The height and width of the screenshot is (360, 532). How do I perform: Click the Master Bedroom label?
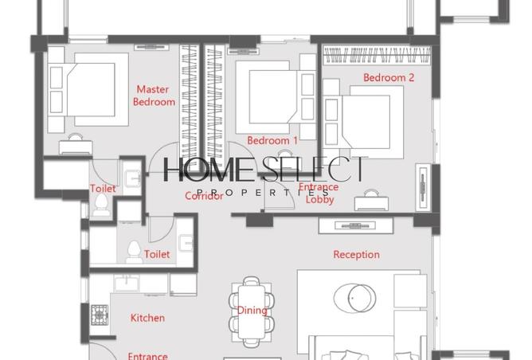(155, 96)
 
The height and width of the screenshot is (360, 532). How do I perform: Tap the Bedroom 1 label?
(272, 140)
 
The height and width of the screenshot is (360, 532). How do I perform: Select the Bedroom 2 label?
(389, 78)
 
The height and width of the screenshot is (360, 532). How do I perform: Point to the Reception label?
(356, 255)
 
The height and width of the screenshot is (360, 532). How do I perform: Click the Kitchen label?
(147, 318)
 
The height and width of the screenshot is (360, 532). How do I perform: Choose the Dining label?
(252, 311)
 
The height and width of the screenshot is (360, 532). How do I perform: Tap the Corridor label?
(204, 196)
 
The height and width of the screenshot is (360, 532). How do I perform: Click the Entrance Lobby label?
(323, 194)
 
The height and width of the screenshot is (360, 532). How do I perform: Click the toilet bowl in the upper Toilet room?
(102, 205)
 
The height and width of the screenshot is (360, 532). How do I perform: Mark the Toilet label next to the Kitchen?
(157, 255)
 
